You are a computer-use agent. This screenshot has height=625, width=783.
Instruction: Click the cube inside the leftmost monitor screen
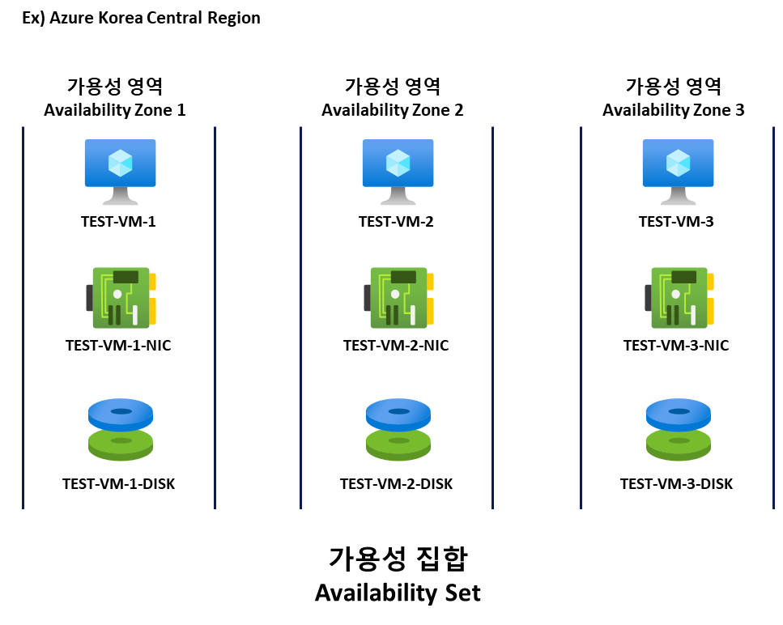[120, 163]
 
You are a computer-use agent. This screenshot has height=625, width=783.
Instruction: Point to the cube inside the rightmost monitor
[678, 163]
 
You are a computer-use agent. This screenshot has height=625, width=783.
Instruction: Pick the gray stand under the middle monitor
[398, 198]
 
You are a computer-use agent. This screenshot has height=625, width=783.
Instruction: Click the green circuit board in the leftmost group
[121, 298]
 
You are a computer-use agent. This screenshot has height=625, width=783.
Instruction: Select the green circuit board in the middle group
[398, 298]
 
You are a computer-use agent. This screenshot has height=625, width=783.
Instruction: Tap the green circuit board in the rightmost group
[679, 298]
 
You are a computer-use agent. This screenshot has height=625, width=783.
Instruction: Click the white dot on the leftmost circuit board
[117, 294]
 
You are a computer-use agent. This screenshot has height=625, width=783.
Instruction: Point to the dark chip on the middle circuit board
[403, 277]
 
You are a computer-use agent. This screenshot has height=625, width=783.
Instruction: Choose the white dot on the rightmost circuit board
[675, 294]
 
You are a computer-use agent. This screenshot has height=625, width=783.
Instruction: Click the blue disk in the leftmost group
[121, 413]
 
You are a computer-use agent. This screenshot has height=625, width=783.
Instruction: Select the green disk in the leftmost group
[121, 446]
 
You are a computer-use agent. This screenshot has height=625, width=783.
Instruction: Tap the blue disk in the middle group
[398, 413]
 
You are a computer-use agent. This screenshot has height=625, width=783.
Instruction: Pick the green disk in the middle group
[398, 446]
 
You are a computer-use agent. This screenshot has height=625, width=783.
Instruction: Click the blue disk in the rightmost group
[679, 413]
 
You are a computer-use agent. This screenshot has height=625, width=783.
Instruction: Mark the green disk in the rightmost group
[679, 446]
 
